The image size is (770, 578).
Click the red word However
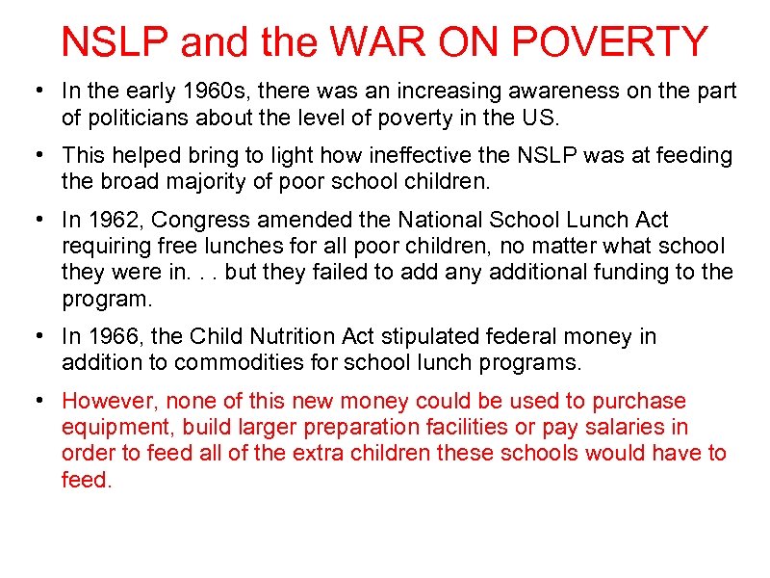click(x=107, y=401)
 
